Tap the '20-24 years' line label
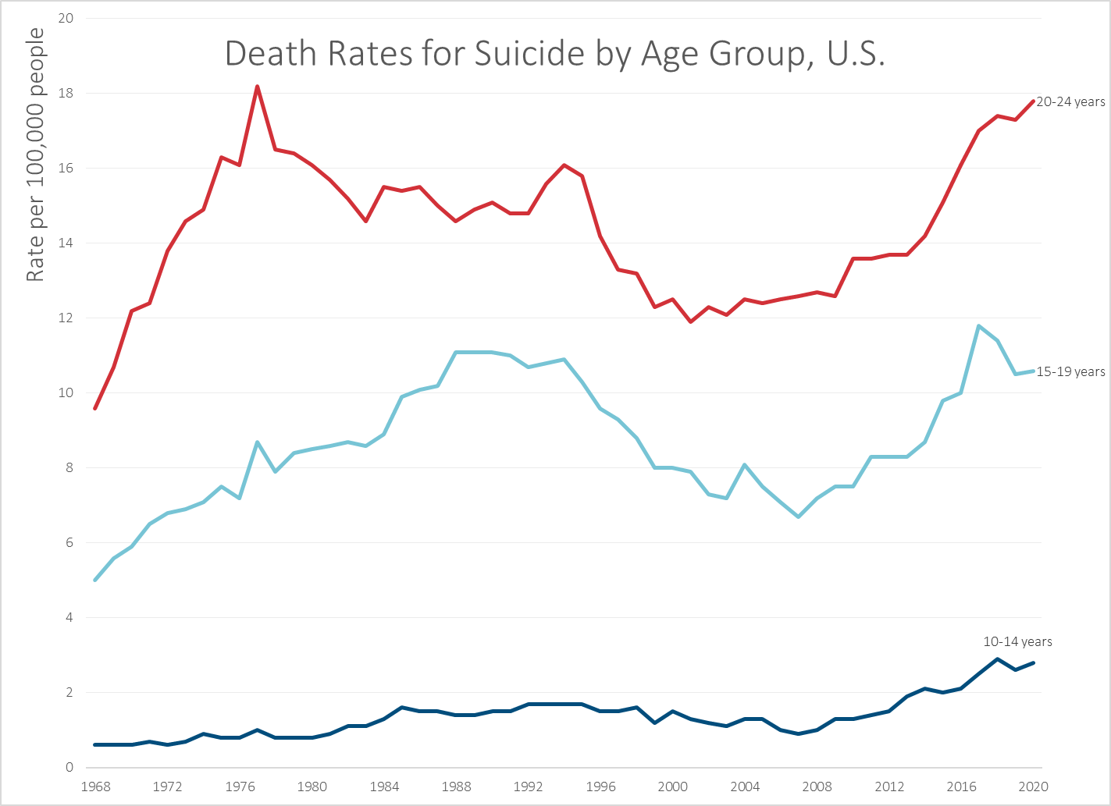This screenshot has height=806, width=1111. (1070, 101)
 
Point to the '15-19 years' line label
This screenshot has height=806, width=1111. (1070, 372)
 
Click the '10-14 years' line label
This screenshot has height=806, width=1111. (1017, 641)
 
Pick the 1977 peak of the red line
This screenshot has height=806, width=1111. (257, 86)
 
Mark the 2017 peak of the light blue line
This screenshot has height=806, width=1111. (979, 325)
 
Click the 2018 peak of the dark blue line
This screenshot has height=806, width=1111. (997, 659)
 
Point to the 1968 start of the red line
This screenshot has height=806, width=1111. (94, 408)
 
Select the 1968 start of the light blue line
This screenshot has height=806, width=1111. (94, 580)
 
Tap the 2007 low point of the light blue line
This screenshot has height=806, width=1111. (799, 517)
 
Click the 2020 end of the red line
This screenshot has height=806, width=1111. (1034, 101)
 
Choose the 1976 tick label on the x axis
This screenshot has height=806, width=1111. (240, 786)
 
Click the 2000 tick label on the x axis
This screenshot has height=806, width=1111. (672, 786)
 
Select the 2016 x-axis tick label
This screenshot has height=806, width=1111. (961, 786)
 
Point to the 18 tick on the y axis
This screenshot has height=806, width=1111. (66, 94)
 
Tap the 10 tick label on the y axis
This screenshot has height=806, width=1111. (66, 393)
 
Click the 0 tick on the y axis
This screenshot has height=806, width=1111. (69, 768)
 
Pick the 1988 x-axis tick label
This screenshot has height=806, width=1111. (456, 786)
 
